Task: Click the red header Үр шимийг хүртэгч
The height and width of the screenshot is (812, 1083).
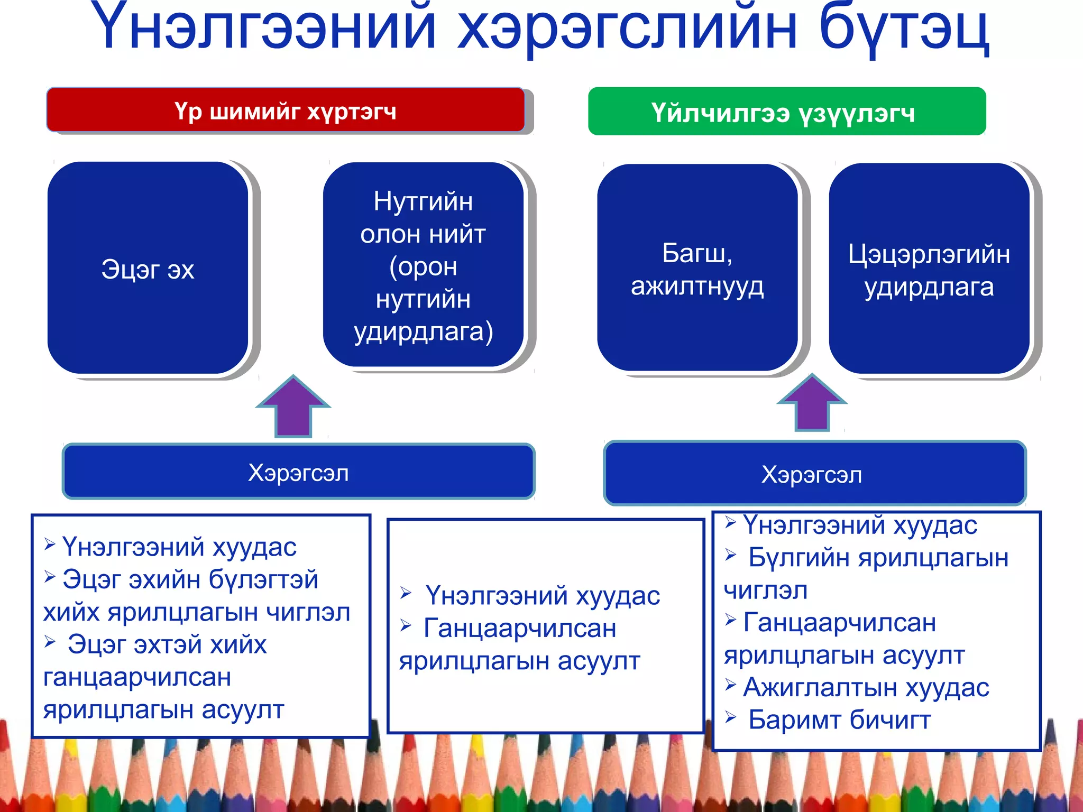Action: click(x=286, y=110)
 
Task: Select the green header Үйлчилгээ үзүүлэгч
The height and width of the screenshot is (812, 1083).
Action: click(x=786, y=112)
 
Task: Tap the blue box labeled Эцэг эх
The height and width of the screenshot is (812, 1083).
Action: click(x=148, y=269)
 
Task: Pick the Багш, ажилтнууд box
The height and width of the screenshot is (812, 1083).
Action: click(x=697, y=269)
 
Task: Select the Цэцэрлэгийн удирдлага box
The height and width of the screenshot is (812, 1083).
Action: click(x=929, y=270)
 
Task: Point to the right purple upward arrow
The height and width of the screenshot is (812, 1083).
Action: click(x=812, y=404)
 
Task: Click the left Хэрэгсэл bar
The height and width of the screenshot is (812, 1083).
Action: click(x=298, y=472)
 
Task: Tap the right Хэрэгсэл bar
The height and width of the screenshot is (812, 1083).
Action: click(x=814, y=474)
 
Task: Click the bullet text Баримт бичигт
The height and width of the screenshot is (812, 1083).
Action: click(x=839, y=720)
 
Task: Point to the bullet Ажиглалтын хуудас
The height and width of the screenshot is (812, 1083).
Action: click(x=866, y=687)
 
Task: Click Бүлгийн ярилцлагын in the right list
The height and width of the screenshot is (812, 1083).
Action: click(x=878, y=558)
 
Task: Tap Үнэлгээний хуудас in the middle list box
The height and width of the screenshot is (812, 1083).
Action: click(x=543, y=596)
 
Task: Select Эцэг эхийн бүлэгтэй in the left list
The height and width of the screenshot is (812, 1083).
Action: click(x=190, y=579)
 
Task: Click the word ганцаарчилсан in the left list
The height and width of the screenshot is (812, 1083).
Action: click(x=137, y=677)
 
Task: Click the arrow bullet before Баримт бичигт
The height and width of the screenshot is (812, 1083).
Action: click(x=731, y=717)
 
